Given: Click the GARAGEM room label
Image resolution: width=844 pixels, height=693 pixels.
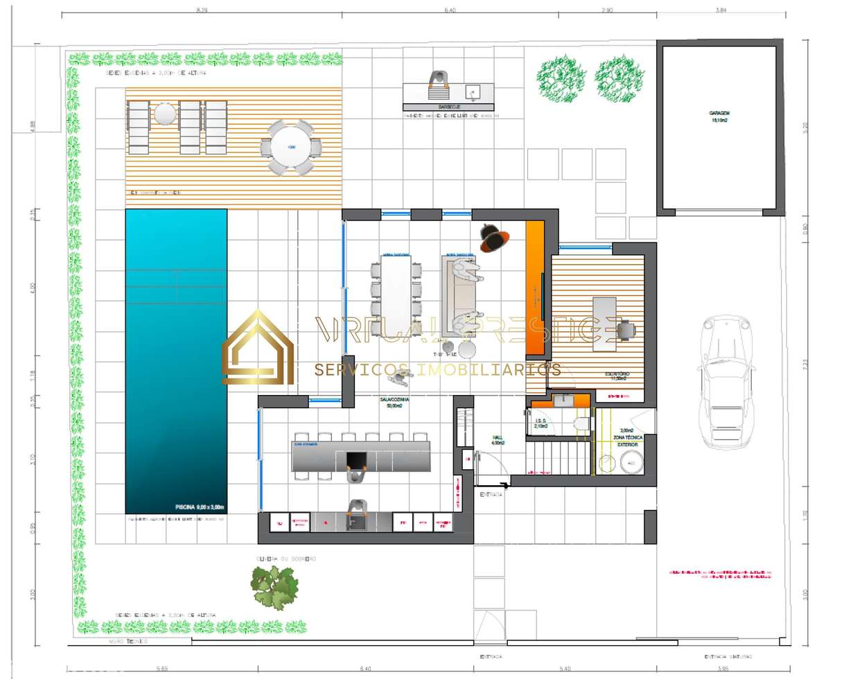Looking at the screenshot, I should [x=719, y=116].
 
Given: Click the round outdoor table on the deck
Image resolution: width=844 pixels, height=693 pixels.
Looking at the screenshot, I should [x=292, y=148].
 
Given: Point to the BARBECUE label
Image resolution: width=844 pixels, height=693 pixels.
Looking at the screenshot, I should [x=448, y=107].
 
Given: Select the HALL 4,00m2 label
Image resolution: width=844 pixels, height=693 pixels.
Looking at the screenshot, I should [x=497, y=440].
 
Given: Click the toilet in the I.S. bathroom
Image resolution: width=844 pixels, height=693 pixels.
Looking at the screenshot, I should [x=581, y=423].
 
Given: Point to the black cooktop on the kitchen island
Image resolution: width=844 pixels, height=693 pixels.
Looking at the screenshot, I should [x=356, y=459].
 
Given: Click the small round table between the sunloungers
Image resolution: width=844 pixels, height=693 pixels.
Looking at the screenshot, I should [x=165, y=113].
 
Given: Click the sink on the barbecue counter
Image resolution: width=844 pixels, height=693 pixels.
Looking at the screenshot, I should [x=473, y=91].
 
